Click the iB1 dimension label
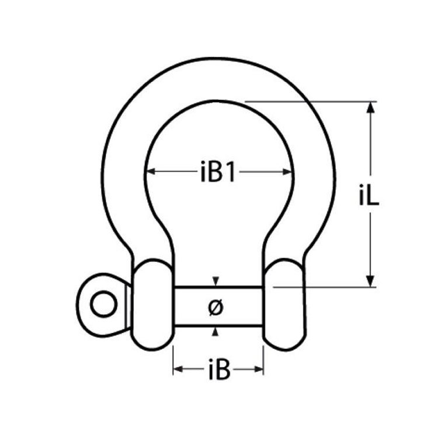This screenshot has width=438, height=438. click(x=218, y=172)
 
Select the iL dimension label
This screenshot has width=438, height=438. click(x=369, y=196)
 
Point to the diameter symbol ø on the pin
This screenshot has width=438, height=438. click(x=216, y=308)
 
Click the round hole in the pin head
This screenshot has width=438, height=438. click(x=104, y=304)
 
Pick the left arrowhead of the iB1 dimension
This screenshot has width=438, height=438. click(x=151, y=172)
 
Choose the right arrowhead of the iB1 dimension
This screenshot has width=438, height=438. click(x=287, y=172)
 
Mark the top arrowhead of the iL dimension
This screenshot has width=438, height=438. click(x=370, y=107)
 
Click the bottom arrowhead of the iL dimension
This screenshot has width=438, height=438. click(x=370, y=281)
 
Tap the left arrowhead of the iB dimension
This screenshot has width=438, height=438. click(x=178, y=369)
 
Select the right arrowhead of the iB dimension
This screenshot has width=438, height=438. click(x=258, y=369)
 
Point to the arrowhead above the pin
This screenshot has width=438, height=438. click(x=215, y=281)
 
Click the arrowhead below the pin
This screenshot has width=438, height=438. click(x=215, y=332)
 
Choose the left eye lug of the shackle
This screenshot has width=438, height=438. click(x=152, y=305)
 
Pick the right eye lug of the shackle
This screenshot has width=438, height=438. click(x=284, y=305)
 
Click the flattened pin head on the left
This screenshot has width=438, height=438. click(x=103, y=305)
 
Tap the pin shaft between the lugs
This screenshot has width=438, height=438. click(x=218, y=306)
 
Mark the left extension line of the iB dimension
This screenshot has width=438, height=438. click(x=173, y=360)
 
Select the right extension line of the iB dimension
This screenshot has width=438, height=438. click(x=263, y=360)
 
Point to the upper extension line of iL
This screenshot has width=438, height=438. click(x=311, y=102)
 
